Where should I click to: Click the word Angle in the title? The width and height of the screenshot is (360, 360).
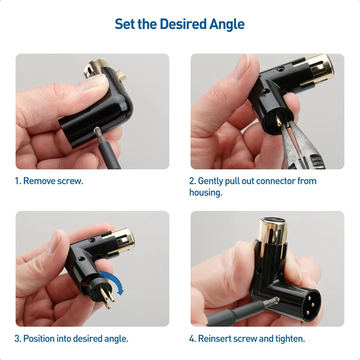point(227,24)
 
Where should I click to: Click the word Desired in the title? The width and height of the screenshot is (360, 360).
point(183,24)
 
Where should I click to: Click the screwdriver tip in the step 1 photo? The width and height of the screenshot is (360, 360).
point(97,130)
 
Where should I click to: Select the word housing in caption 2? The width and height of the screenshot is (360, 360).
point(205,193)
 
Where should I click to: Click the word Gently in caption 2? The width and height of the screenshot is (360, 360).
point(210,181)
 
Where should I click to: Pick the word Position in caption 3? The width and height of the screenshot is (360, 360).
point(39,339)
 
